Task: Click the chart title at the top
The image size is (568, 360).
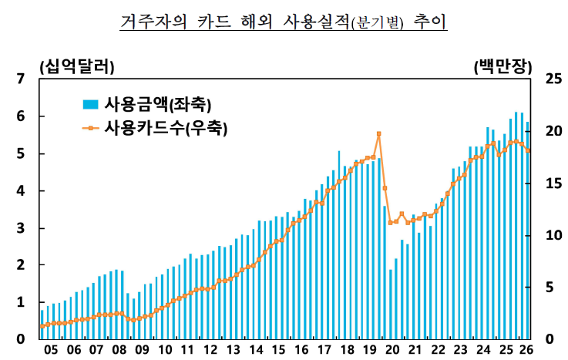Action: point(284,22)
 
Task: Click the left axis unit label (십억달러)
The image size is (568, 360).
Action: point(77,66)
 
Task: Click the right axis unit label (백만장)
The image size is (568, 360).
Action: point(502,66)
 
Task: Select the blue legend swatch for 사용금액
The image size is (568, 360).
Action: point(91,104)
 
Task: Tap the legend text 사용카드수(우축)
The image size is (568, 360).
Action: point(166,128)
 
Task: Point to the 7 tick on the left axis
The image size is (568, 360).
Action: point(21,79)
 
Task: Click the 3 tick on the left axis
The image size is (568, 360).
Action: point(21,228)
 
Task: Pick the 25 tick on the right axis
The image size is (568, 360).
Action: point(553,79)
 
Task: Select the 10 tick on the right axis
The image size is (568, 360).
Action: point(553,235)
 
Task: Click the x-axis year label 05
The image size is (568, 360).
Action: point(51,350)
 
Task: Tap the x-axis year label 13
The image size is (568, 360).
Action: point(234,350)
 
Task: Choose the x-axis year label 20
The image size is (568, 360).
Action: point(392,350)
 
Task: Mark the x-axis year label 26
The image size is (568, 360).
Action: point(526,350)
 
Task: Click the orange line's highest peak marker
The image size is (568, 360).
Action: point(379,133)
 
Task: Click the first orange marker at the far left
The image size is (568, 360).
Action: point(42,326)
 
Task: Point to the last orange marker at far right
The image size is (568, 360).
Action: point(528,150)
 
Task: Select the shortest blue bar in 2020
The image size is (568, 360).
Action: point(391,304)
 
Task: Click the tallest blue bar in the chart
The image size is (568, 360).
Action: point(516,226)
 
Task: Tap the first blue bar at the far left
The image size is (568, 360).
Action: point(42,325)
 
